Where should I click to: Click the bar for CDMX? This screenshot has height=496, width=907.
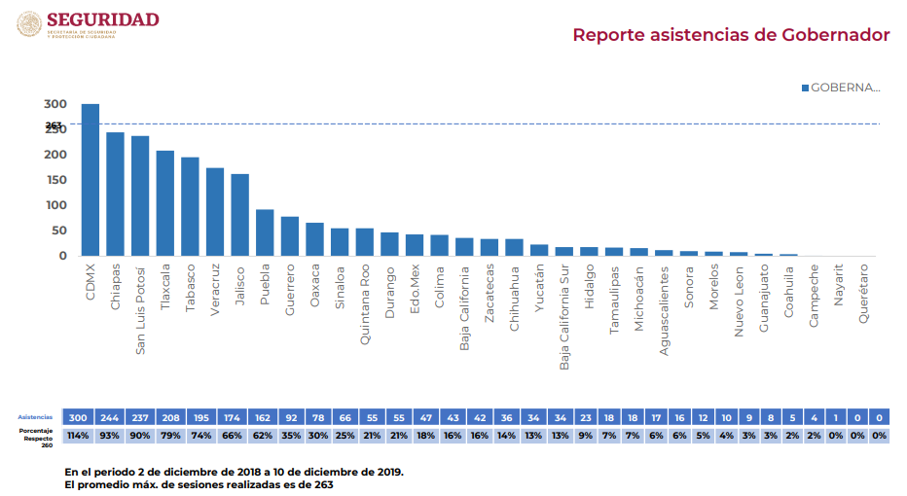click(x=90, y=180)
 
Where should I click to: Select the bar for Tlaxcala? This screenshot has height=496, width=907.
click(x=164, y=203)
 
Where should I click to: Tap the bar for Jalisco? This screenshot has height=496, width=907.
click(x=239, y=215)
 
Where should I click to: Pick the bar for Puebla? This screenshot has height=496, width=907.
click(x=265, y=232)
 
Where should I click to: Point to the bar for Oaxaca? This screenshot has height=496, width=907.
click(x=314, y=239)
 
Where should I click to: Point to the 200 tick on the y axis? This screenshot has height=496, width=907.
click(x=54, y=155)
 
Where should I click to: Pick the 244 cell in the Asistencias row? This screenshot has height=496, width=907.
click(x=115, y=416)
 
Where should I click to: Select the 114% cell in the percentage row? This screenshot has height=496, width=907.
click(x=77, y=435)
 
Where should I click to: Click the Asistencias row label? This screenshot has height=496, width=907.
click(x=35, y=416)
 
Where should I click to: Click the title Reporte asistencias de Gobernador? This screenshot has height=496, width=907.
click(x=731, y=35)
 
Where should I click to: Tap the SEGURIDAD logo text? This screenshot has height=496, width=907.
click(x=102, y=19)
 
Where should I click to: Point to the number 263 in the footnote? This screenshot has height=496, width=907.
click(x=322, y=483)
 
